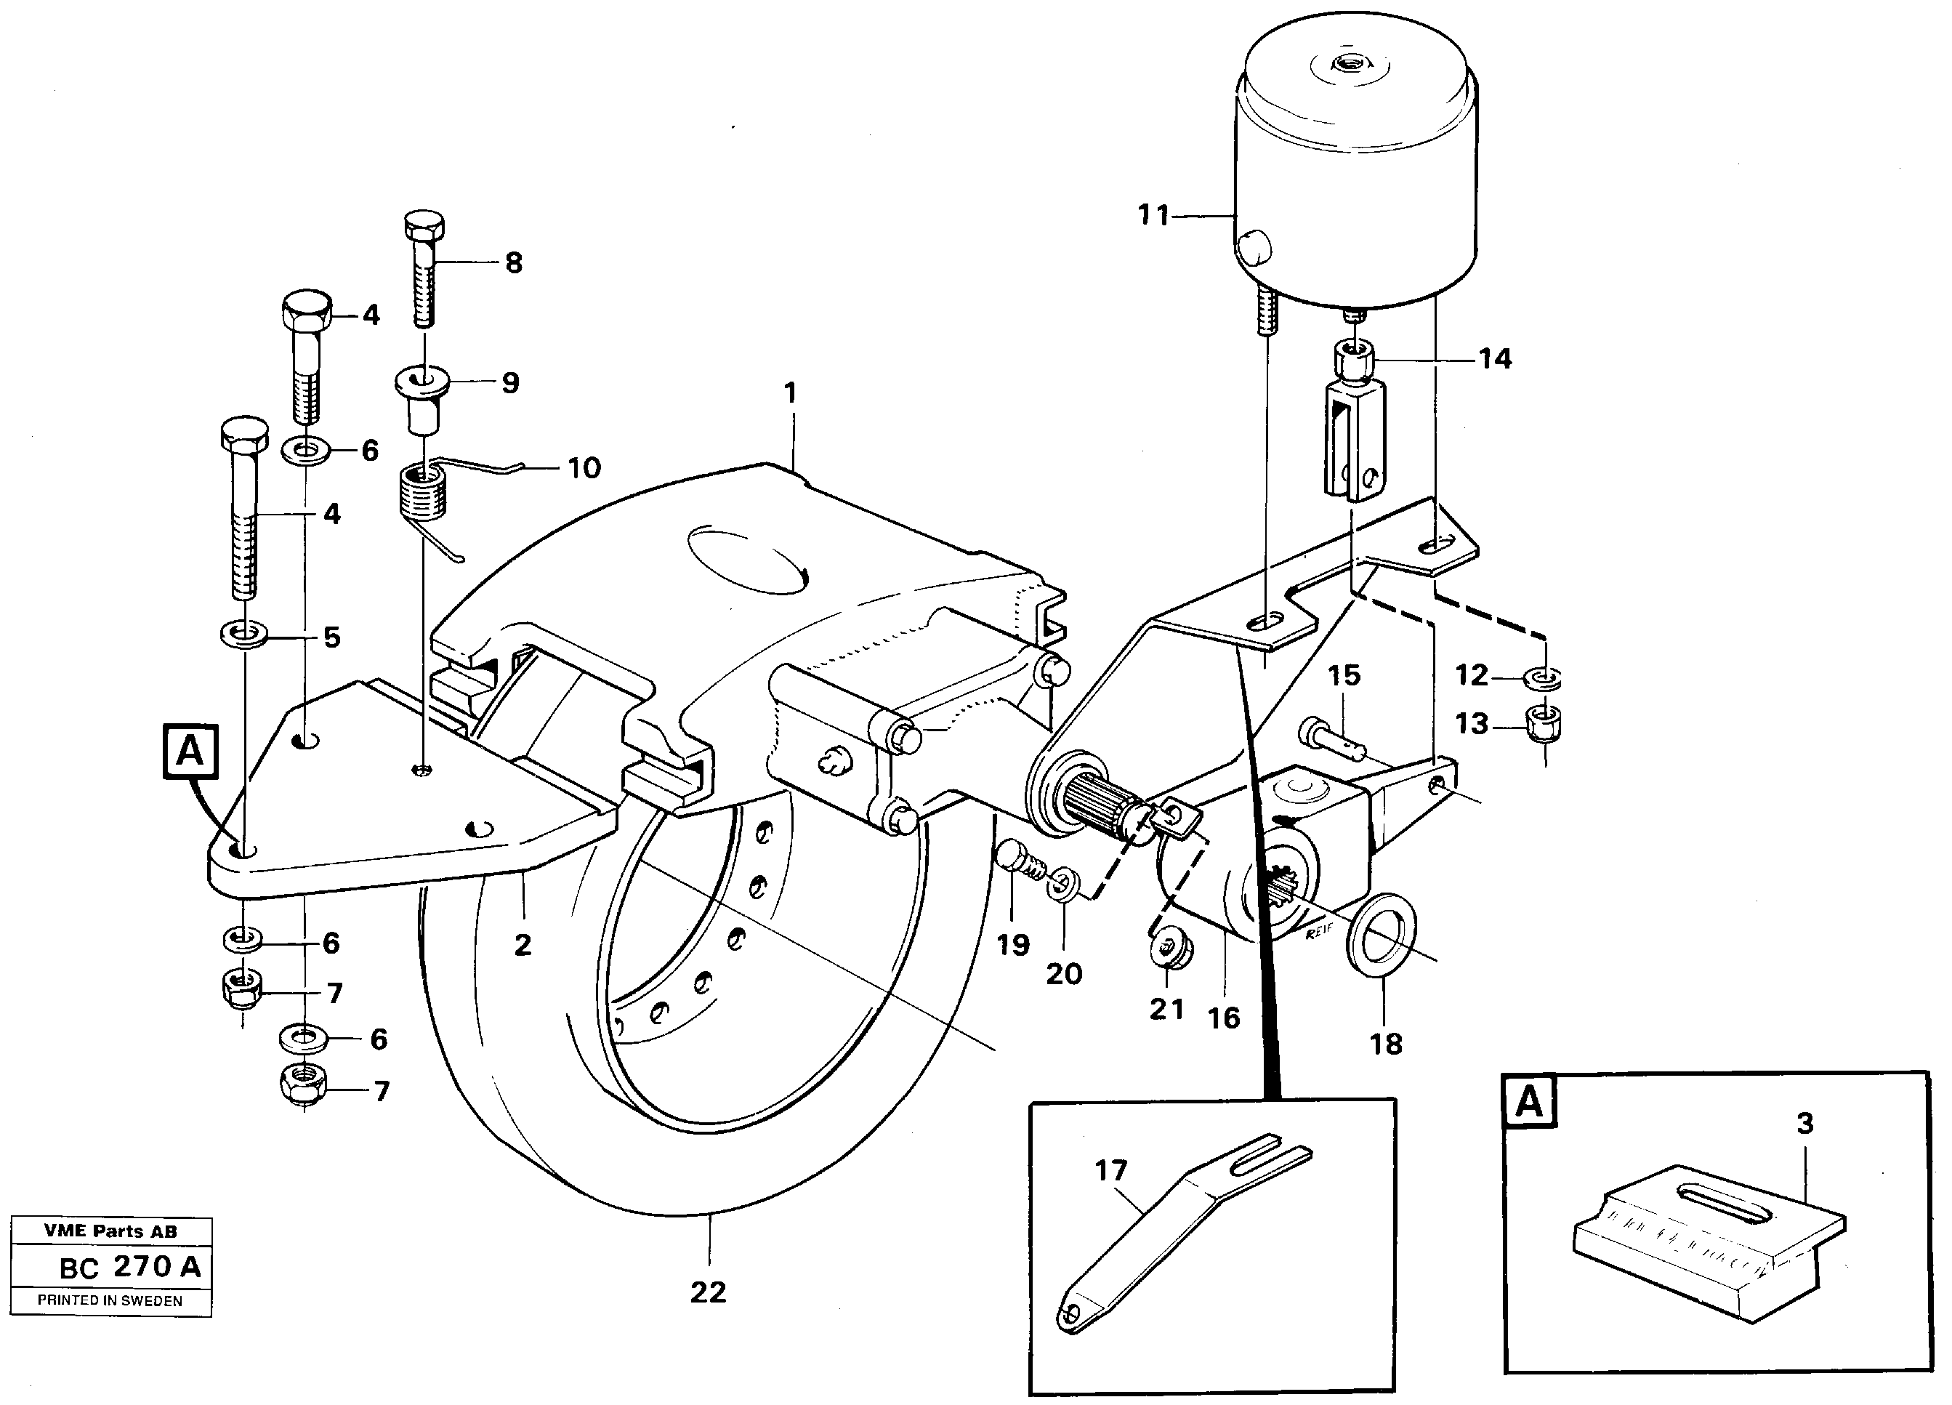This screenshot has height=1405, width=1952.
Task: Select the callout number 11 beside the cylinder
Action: pos(1153,214)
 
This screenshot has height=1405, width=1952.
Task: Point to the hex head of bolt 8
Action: pos(424,227)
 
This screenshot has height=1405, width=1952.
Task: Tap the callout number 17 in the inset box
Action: pos(1110,1170)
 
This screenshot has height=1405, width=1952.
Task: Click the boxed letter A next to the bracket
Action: pos(190,752)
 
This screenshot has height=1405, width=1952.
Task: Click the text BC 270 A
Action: pos(129,1267)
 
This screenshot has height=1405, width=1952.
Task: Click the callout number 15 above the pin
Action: pos(1344,675)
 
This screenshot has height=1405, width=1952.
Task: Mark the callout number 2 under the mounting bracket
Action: pos(523,946)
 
